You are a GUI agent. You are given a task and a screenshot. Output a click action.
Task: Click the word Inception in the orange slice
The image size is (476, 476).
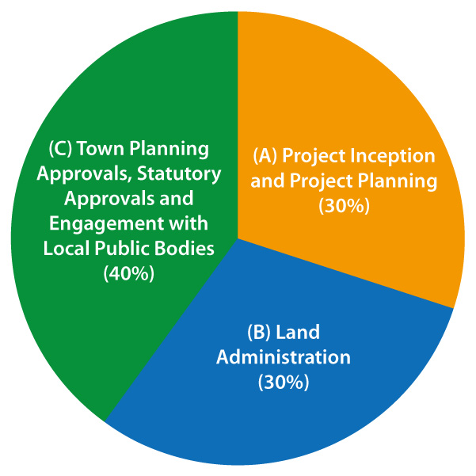click(x=393, y=157)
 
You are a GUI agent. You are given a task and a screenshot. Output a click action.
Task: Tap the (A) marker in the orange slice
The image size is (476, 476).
click(x=265, y=157)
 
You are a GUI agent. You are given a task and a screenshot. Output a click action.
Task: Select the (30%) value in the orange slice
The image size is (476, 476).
click(x=345, y=207)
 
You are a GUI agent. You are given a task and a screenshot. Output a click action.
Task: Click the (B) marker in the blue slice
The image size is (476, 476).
click(x=259, y=333)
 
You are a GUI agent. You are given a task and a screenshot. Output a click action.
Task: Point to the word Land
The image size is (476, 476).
click(x=298, y=332)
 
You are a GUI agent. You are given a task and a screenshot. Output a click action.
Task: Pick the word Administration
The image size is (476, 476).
click(x=284, y=357)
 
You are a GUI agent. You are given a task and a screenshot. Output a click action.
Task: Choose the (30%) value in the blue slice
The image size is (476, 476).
click(x=284, y=383)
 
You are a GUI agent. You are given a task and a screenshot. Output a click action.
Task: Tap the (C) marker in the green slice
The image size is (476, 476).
click(x=60, y=149)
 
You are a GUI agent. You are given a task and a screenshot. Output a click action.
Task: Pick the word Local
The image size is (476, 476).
click(x=67, y=249)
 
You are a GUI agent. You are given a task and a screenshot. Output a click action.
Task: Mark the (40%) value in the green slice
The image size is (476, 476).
click(x=129, y=274)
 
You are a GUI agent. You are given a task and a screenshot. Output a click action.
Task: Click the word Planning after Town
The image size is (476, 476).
click(x=169, y=150)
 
